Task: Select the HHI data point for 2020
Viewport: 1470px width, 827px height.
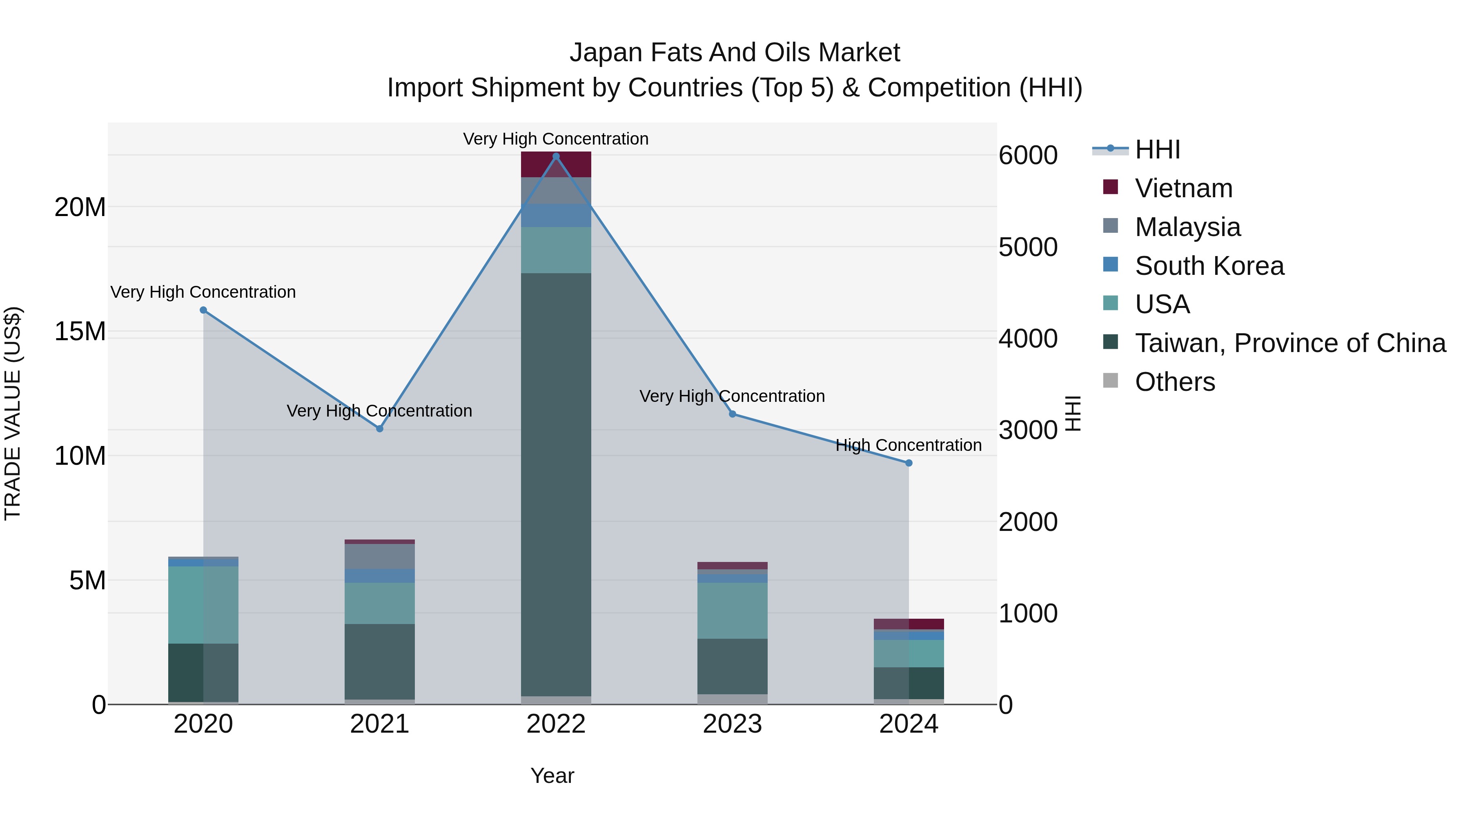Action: pos(203,310)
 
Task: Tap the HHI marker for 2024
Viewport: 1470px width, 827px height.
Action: pos(909,463)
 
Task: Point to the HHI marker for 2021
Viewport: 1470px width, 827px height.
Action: pos(379,429)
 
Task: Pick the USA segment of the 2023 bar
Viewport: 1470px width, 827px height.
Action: pos(732,611)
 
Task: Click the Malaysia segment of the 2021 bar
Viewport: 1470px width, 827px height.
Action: pos(379,557)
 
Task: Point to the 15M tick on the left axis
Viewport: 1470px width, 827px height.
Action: pos(80,332)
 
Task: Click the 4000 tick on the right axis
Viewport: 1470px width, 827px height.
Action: pos(1028,339)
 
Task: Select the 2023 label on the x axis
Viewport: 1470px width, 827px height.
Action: pos(732,724)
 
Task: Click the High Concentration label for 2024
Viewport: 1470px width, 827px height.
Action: pos(909,445)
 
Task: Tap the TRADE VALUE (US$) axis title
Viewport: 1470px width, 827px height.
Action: pos(13,413)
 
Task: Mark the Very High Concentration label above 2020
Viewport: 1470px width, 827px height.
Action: pos(203,292)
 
